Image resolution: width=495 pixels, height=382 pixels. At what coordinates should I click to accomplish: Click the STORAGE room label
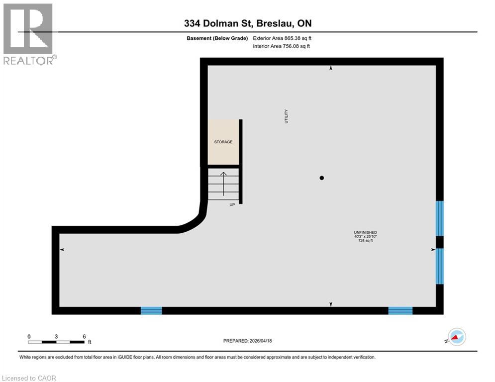[x=223, y=142]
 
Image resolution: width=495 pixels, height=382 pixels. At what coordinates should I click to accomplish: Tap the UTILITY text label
[x=286, y=116]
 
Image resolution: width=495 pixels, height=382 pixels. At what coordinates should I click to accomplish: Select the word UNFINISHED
[x=365, y=232]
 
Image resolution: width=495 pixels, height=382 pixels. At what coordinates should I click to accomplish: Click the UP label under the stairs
[x=232, y=205]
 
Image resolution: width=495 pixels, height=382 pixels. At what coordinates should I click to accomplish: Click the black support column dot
[x=322, y=178]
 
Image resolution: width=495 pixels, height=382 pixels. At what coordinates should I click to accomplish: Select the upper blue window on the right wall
[x=440, y=218]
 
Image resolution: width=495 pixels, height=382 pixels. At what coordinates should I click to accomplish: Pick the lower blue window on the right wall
[x=440, y=266]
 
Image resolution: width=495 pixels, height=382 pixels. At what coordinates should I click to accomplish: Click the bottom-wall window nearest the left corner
[x=151, y=311]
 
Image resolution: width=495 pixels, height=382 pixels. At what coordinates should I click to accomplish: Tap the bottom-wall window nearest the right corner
[x=400, y=311]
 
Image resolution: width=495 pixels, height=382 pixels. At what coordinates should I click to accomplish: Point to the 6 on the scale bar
[x=84, y=336]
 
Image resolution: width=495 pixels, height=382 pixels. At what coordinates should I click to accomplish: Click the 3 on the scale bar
[x=56, y=336]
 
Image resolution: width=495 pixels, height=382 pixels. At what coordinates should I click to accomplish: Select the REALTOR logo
[x=28, y=34]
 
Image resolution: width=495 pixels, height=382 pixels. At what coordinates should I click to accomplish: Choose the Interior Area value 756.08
[x=290, y=46]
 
